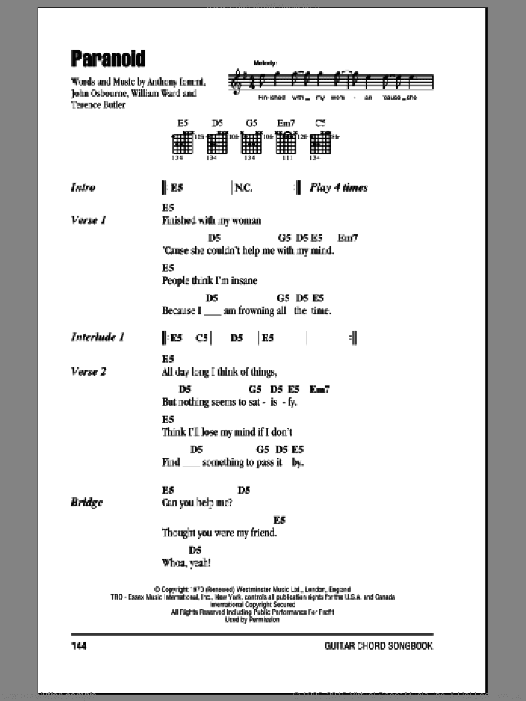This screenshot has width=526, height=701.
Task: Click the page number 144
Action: (80, 646)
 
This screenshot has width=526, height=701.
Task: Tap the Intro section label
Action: (83, 188)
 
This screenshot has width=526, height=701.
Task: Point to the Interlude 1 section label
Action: (98, 337)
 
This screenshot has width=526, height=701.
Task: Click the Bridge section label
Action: (86, 503)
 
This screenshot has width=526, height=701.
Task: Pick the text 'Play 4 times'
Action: (339, 188)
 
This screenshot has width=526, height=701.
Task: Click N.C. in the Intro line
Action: (243, 188)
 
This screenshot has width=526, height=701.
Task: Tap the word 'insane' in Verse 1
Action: (243, 280)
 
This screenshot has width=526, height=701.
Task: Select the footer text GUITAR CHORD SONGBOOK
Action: (379, 646)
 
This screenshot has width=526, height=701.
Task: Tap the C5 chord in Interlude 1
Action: (202, 338)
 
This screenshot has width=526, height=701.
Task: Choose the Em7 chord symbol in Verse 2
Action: (319, 389)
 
